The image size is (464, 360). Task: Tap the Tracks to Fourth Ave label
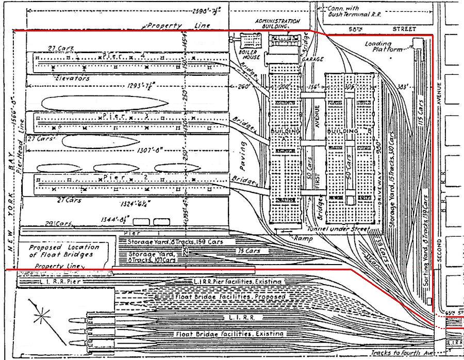400,353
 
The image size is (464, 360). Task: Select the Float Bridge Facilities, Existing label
229,334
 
